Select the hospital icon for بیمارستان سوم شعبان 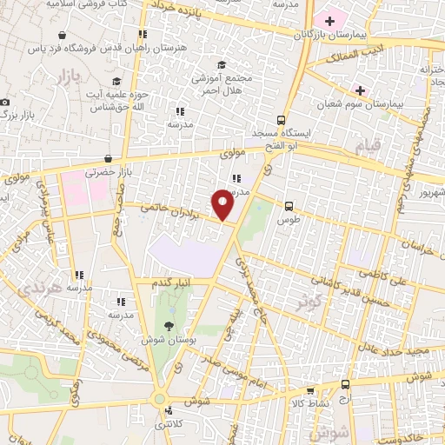[359, 90]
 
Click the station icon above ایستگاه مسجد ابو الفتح [281, 120]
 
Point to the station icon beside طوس [289, 206]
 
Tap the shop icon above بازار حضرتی [108, 159]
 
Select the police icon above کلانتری [168, 410]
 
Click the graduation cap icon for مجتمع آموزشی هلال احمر [222, 64]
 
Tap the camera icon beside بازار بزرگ [5, 103]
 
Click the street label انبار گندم [172, 284]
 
